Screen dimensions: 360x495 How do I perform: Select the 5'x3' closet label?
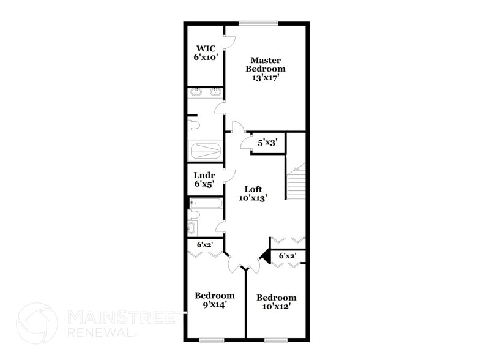pyautogui.click(x=267, y=143)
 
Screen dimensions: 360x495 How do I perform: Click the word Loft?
pyautogui.click(x=254, y=189)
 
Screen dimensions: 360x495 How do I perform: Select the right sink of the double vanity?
pyautogui.click(x=215, y=93)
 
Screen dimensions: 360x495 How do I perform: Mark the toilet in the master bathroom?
pyautogui.click(x=193, y=125)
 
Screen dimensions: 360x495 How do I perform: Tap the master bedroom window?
pyautogui.click(x=258, y=23)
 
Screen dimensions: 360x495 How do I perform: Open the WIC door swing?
pyautogui.click(x=229, y=42)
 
